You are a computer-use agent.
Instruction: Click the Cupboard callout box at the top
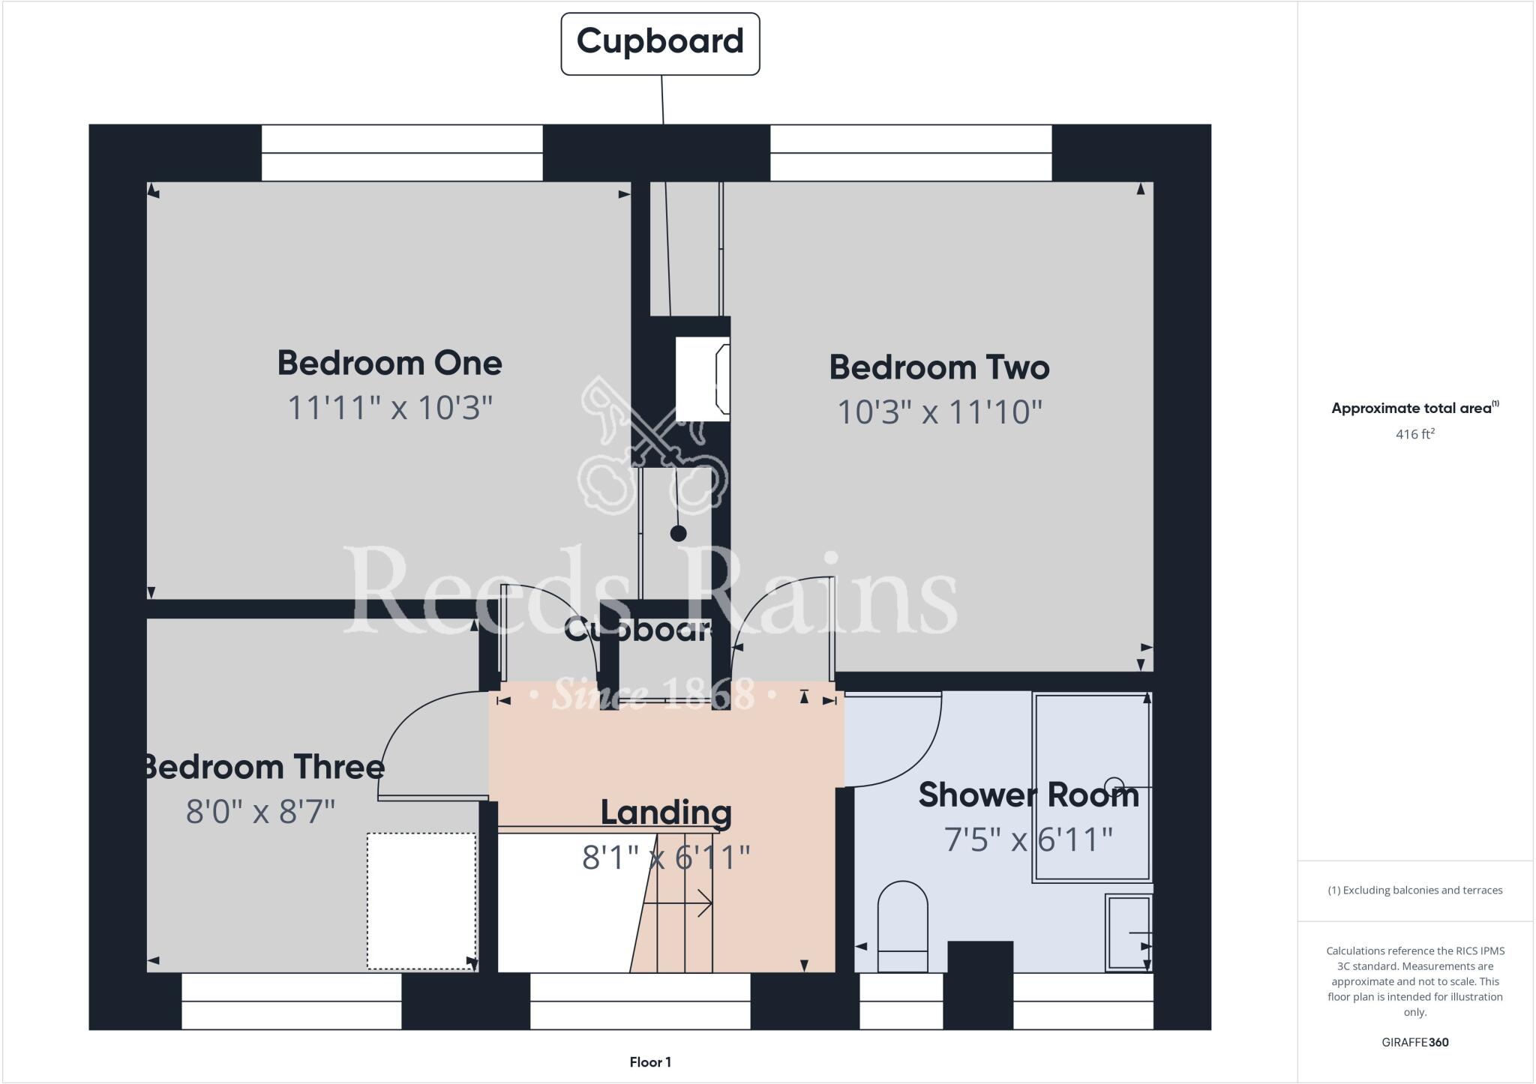point(660,43)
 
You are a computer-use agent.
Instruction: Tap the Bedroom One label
point(389,363)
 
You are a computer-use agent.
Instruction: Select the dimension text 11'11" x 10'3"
point(390,409)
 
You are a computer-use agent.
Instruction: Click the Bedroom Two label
point(939,367)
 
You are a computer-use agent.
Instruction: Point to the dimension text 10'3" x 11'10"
point(939,412)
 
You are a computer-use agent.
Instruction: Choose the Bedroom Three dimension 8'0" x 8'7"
point(260,812)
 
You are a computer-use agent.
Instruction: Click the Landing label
point(666,813)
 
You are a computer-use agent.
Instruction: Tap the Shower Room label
point(1028,795)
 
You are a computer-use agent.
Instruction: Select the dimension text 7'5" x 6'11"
point(1028,840)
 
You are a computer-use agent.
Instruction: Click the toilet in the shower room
point(902,927)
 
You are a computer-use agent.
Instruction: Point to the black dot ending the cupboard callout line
point(678,534)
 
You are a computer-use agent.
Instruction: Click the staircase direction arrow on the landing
point(679,903)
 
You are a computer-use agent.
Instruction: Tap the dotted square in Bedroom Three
point(421,900)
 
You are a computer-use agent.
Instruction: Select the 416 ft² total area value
point(1414,434)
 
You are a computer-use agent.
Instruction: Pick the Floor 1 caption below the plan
point(650,1062)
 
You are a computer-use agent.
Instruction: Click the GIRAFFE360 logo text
point(1414,1042)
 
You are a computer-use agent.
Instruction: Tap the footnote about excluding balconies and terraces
point(1414,891)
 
